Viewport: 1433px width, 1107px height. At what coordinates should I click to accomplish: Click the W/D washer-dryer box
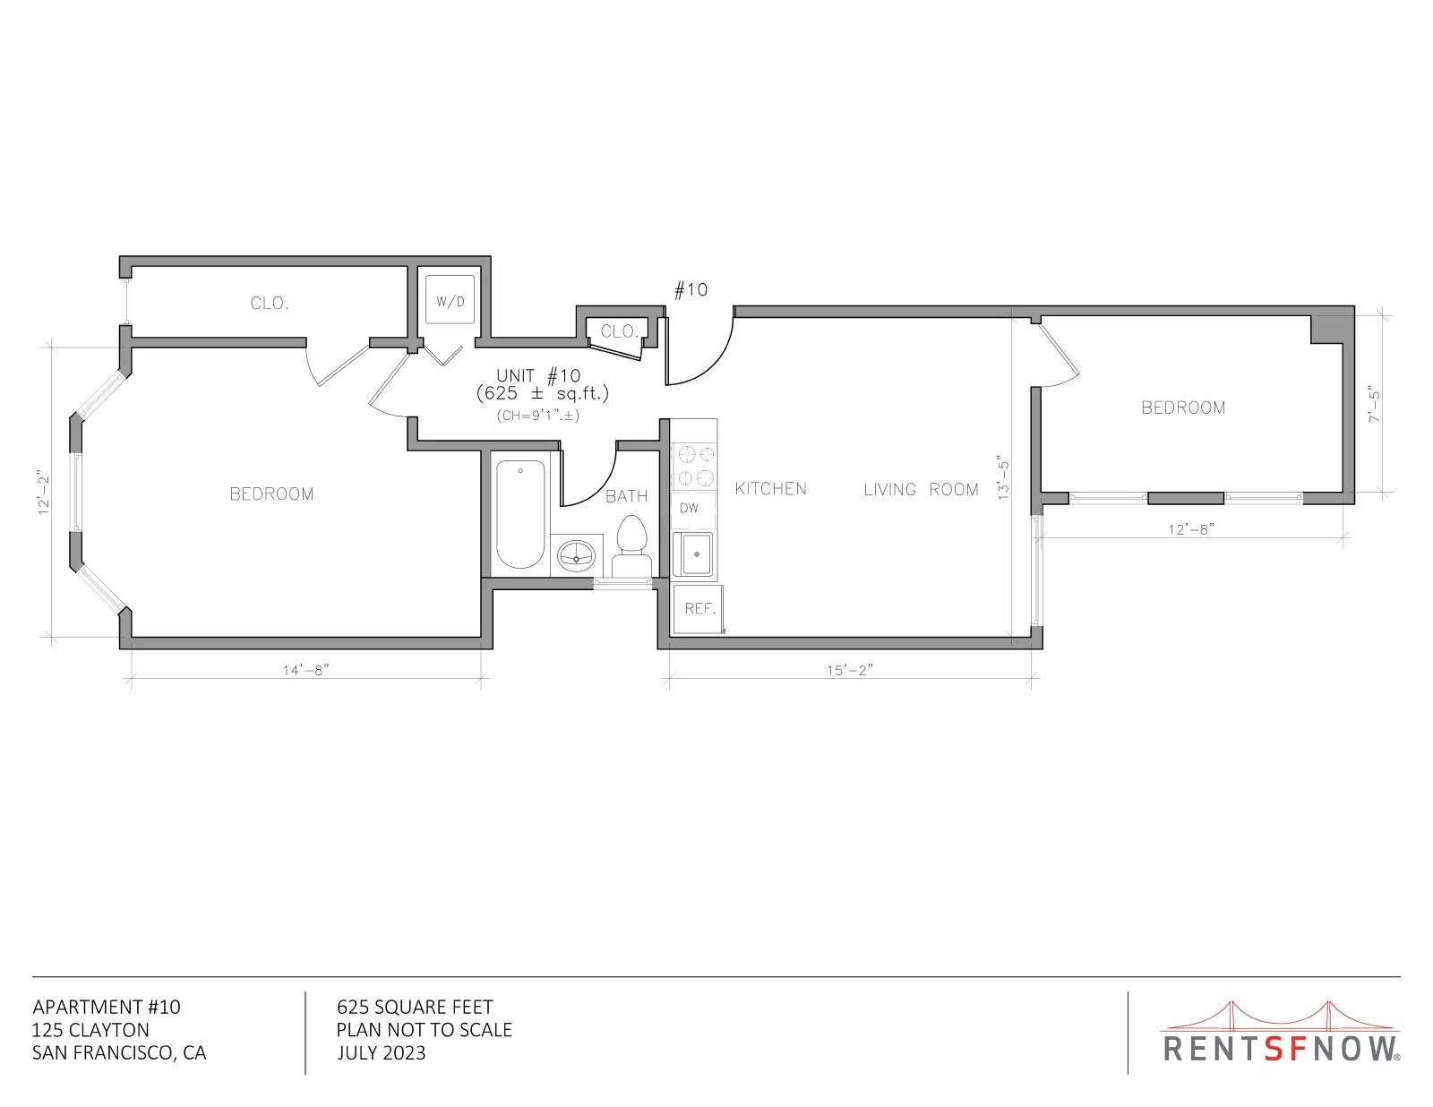point(450,299)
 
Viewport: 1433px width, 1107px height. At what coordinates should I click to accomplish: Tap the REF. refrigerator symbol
point(698,609)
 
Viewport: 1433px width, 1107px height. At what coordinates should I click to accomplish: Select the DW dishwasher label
point(689,508)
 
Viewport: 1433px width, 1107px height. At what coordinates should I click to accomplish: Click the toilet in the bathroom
point(631,546)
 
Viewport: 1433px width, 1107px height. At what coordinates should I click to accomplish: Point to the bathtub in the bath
point(520,514)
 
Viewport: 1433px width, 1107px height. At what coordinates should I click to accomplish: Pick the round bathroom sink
point(577,556)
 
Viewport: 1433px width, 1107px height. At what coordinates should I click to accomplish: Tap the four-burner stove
point(694,466)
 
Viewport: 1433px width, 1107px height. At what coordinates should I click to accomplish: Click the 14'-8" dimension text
point(306,670)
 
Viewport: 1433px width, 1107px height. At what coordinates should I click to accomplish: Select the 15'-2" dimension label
point(850,670)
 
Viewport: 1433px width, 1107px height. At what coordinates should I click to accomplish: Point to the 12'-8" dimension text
point(1192,529)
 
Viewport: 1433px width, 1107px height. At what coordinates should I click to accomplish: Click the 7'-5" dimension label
point(1374,404)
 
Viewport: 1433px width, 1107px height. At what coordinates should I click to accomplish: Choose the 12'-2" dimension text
point(44,492)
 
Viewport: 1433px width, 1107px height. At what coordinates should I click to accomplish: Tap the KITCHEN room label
point(771,488)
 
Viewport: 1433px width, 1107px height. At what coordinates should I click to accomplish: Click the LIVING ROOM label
point(922,489)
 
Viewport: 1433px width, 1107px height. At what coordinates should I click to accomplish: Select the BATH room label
point(626,496)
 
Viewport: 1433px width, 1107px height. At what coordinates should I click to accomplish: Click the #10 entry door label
point(691,289)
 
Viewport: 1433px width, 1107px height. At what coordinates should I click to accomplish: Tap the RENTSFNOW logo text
point(1280,1049)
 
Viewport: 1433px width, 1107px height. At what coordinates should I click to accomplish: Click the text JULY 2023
point(382,1053)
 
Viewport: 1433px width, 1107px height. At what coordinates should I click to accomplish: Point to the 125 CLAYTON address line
point(90,1030)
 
